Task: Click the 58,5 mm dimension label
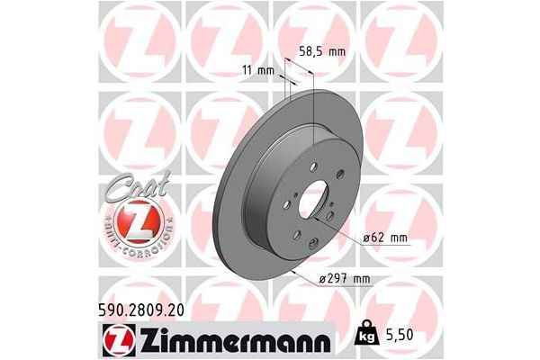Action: [321, 52]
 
